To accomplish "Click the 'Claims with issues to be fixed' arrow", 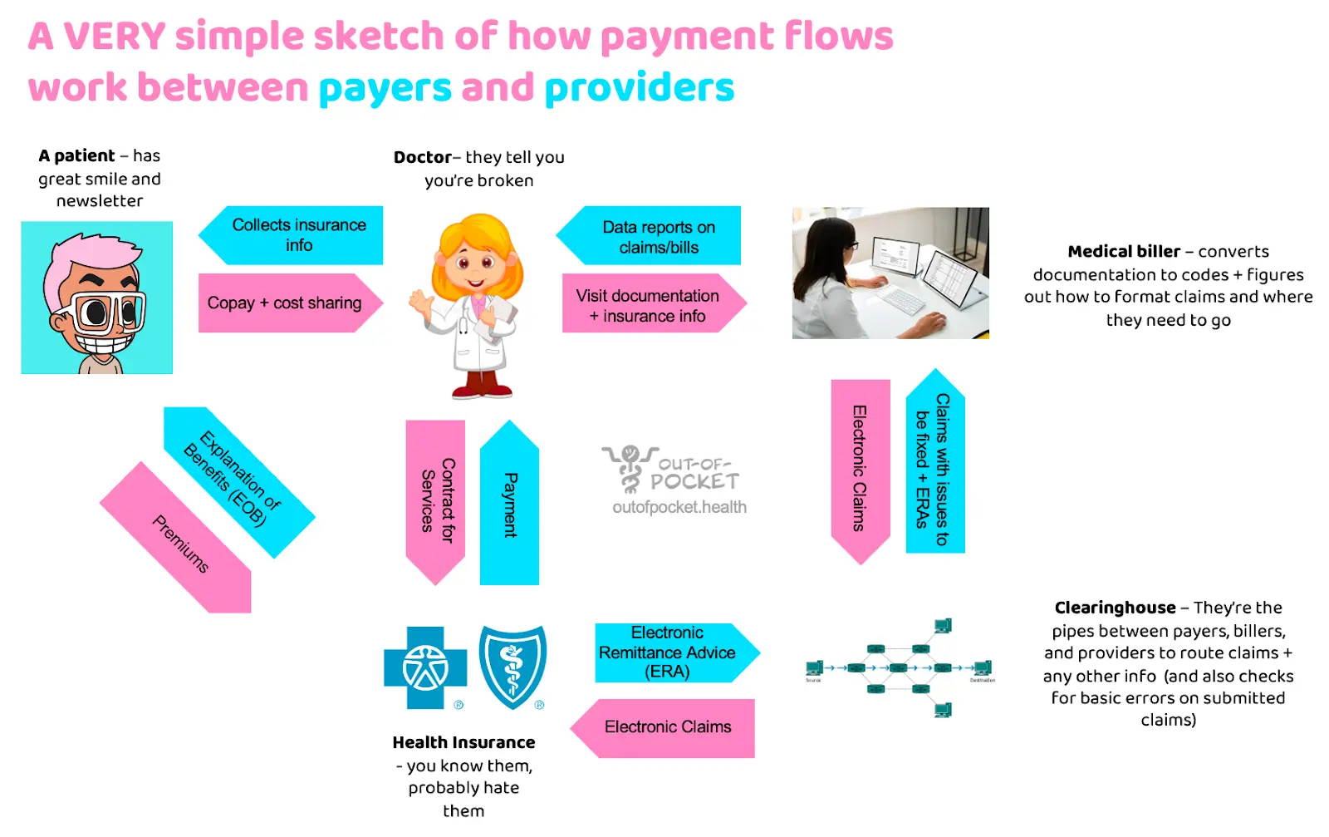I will (x=934, y=465).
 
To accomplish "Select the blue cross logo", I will (x=425, y=667).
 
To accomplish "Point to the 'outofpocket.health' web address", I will (x=679, y=507).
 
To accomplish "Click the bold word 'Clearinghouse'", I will (x=1115, y=608).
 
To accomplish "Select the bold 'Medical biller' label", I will (x=1123, y=251).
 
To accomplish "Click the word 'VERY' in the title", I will (x=115, y=37).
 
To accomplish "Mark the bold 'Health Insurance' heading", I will (x=463, y=742).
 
